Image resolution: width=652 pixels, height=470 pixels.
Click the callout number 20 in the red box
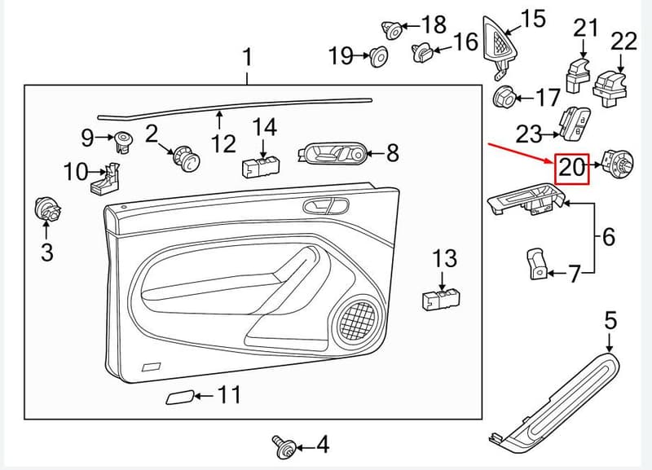click(572, 168)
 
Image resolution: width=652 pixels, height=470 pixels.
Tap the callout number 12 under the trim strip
click(223, 143)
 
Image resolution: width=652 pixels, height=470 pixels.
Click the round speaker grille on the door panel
click(356, 319)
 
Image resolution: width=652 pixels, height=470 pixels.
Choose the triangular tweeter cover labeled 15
click(500, 46)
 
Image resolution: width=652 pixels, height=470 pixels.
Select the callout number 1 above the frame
click(248, 57)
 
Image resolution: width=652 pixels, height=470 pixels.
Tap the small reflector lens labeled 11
click(179, 398)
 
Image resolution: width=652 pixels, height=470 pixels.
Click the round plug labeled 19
click(378, 57)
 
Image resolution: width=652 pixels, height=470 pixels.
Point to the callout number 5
click(610, 321)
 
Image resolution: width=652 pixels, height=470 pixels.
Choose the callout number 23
click(529, 134)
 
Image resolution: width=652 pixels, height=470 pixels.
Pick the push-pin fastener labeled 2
click(187, 158)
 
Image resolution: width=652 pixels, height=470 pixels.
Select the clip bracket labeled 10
click(105, 178)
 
